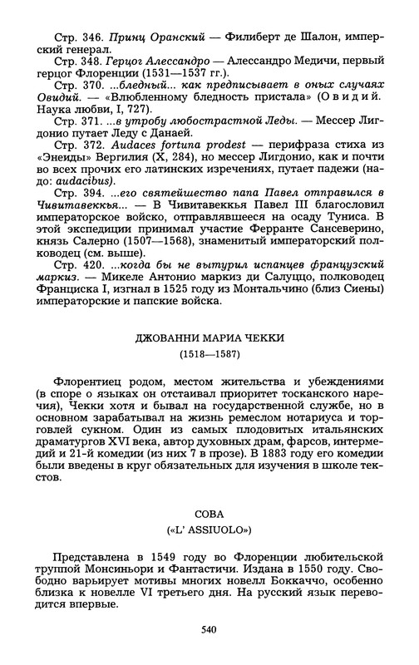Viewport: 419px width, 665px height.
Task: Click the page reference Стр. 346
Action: [x=72, y=39]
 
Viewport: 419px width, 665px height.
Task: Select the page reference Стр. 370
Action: [x=72, y=86]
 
